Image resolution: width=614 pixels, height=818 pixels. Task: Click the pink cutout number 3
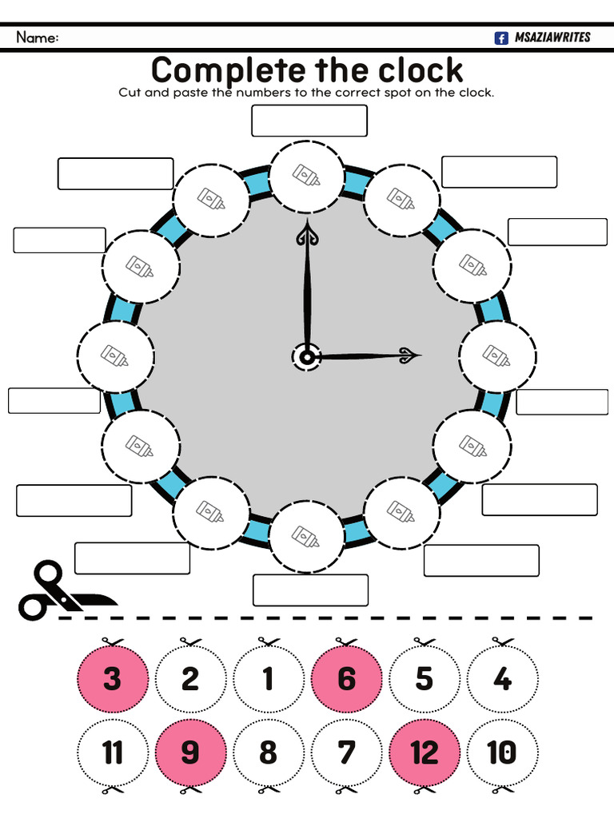[113, 679]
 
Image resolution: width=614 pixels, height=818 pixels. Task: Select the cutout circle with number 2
[190, 679]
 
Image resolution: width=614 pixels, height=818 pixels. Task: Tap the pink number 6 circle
[347, 679]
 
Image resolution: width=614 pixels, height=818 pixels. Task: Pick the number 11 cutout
[113, 752]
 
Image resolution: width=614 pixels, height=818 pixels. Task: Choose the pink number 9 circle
[190, 752]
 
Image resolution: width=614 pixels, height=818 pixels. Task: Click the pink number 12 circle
[425, 752]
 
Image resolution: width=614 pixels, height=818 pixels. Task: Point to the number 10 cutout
[502, 752]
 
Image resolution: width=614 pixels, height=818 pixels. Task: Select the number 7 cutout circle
[347, 752]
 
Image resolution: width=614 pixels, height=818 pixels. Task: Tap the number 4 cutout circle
[502, 679]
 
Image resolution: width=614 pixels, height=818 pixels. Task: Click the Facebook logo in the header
[501, 38]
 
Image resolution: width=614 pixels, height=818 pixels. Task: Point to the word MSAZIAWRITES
[552, 38]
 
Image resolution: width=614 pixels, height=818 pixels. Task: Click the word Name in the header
[37, 38]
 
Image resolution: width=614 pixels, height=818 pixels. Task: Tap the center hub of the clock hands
[306, 356]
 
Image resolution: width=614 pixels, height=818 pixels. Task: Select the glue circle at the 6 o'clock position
[307, 536]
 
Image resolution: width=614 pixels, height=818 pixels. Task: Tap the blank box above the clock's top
[309, 121]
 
